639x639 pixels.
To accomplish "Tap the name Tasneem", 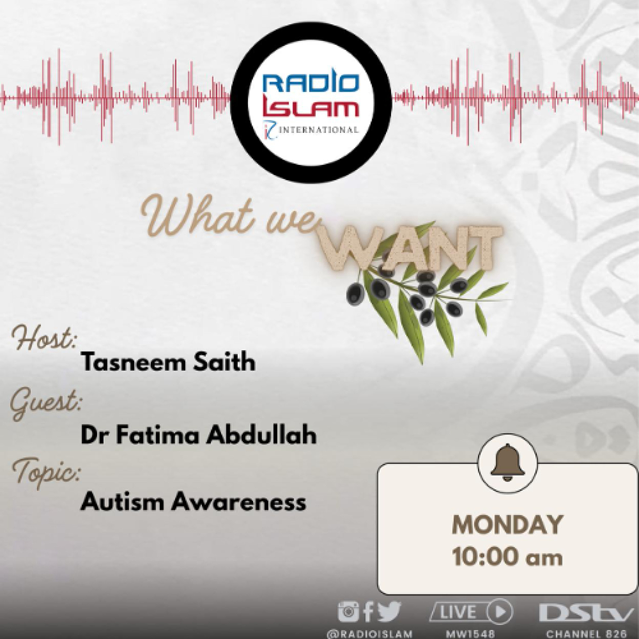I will click(134, 362).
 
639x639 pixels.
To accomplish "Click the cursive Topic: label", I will click(46, 471).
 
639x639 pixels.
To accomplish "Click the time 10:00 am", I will click(507, 557).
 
